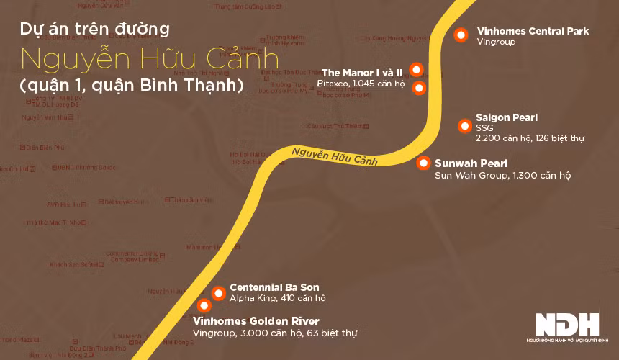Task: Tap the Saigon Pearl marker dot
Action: (464, 126)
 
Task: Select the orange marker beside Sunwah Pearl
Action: (423, 163)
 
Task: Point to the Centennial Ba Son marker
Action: (217, 292)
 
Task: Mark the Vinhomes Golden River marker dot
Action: (204, 305)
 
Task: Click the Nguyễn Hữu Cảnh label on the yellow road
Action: (335, 156)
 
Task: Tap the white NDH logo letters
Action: (566, 323)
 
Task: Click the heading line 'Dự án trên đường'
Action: (95, 30)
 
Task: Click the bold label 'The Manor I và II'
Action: (361, 73)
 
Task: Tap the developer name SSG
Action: (484, 127)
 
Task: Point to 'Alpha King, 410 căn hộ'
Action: (277, 298)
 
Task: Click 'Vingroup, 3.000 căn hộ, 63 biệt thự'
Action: (275, 333)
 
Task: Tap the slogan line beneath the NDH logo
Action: (566, 339)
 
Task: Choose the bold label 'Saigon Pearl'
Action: (507, 117)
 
